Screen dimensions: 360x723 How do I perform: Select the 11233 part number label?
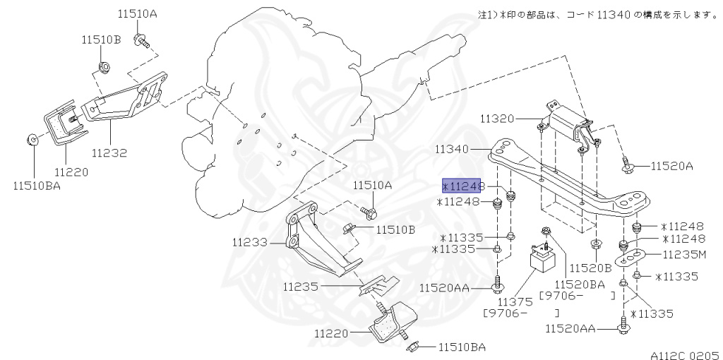tap(249, 242)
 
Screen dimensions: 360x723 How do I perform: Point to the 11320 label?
tap(498, 119)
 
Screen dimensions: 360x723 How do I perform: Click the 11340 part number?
tap(452, 150)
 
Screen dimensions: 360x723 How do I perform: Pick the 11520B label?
tap(590, 268)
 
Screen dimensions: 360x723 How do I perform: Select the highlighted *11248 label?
tap(461, 186)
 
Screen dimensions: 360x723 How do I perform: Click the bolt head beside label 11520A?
tap(628, 167)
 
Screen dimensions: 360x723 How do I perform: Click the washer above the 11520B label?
tap(595, 244)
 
